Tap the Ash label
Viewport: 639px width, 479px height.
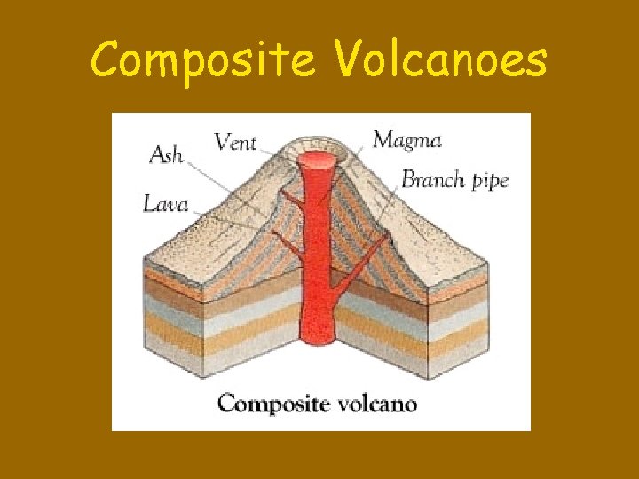166,154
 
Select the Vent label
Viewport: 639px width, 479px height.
235,141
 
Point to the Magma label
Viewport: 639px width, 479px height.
406,139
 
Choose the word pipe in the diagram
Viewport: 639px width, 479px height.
489,182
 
